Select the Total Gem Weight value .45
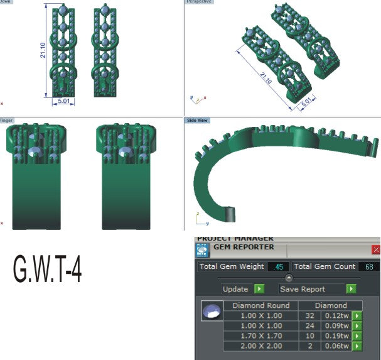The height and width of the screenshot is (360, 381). [x=277, y=267]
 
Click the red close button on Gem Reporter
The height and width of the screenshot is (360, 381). [x=376, y=250]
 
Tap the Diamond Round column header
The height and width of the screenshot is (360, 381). [x=260, y=305]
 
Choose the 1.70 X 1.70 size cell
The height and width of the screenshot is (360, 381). [x=260, y=336]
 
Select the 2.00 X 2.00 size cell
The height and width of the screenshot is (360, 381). [x=260, y=346]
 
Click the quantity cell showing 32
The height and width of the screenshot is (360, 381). [x=309, y=316]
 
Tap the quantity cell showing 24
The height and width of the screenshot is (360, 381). [x=309, y=326]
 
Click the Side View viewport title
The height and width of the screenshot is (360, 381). [x=197, y=120]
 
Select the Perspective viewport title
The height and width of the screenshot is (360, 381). [x=200, y=2]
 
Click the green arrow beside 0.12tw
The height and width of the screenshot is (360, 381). [x=357, y=316]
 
